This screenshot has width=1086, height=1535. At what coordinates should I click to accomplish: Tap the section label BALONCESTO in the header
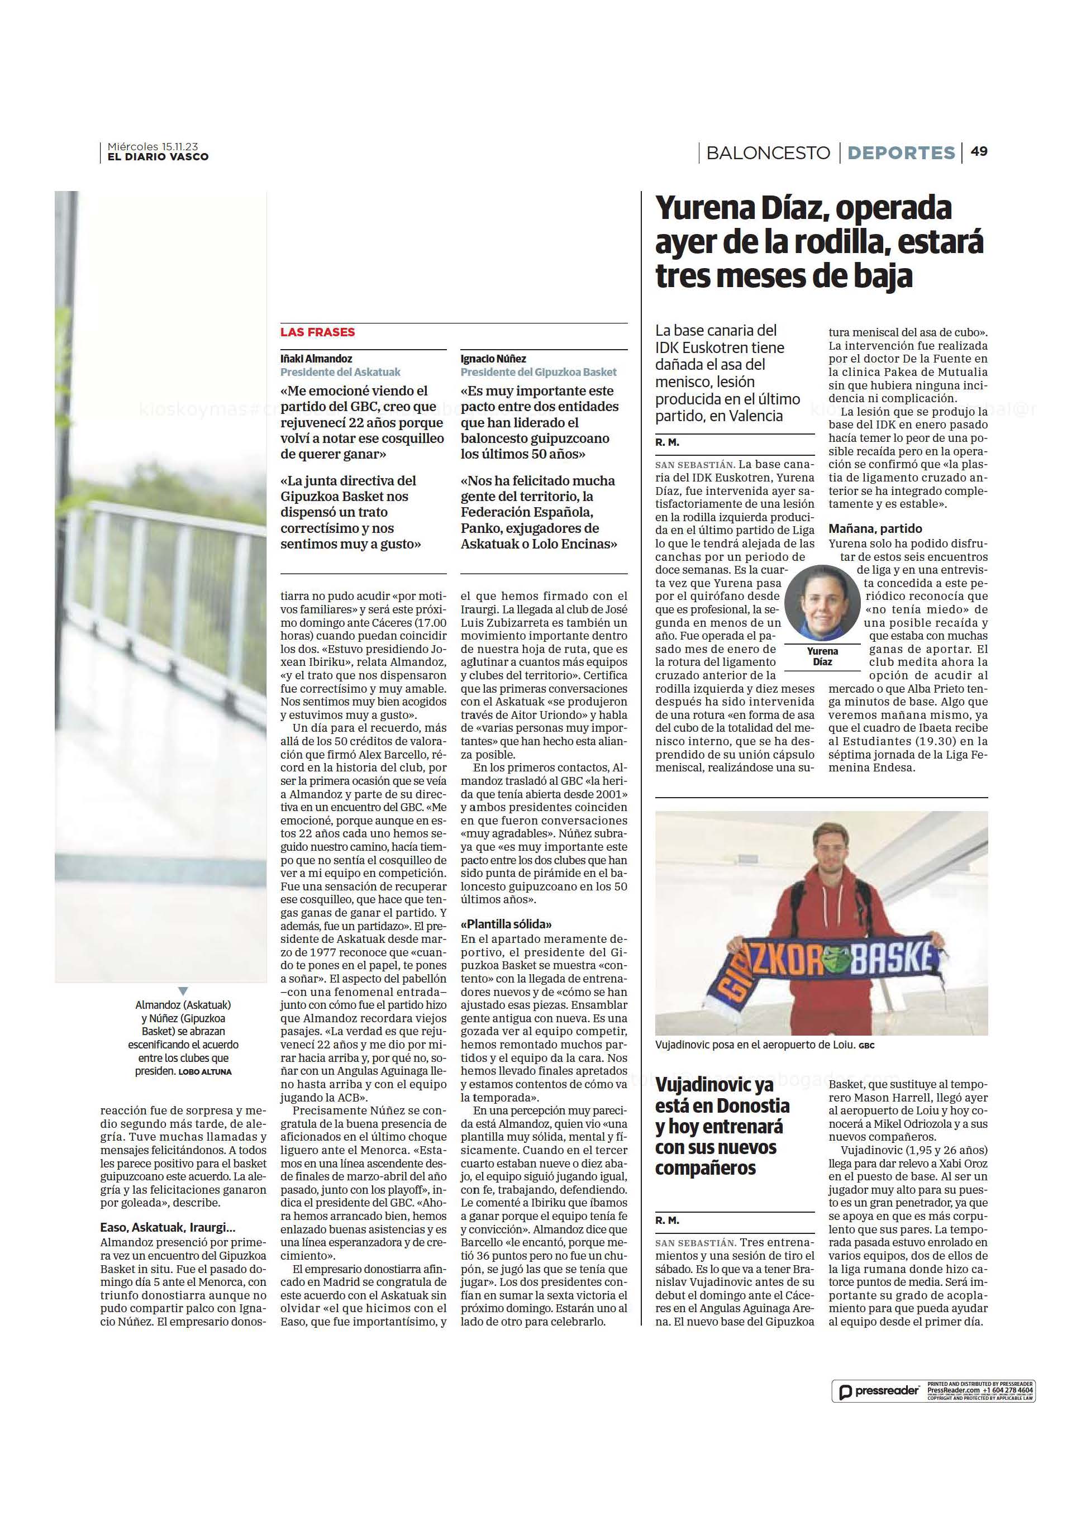tap(768, 152)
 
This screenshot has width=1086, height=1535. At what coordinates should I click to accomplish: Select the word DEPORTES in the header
tap(900, 152)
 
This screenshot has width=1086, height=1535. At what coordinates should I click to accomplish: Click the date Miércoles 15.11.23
tap(153, 146)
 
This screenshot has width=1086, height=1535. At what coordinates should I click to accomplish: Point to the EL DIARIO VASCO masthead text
tap(158, 157)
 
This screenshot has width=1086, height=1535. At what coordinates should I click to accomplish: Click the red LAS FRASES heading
tap(318, 332)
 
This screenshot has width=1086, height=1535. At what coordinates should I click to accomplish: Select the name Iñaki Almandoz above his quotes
tap(316, 359)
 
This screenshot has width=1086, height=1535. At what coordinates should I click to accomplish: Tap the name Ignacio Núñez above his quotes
tap(493, 359)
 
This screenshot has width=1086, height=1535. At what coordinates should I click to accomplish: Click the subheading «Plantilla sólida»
tap(506, 924)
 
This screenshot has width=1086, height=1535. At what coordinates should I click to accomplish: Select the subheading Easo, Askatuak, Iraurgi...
tap(168, 1227)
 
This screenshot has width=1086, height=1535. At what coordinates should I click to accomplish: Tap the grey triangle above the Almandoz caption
tap(183, 991)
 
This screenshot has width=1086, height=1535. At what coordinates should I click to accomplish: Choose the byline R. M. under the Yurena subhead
tap(666, 442)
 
